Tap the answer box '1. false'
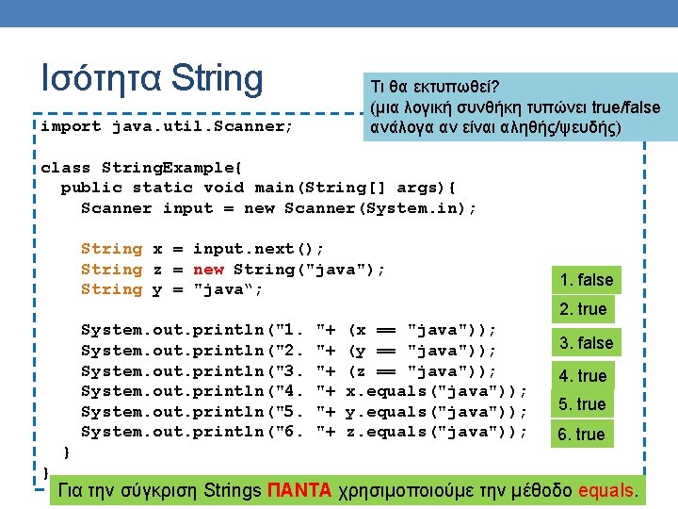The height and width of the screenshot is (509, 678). [586, 280]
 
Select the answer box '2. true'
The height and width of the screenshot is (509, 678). [584, 309]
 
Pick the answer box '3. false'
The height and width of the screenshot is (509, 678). [586, 343]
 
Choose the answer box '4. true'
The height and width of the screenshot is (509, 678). [583, 376]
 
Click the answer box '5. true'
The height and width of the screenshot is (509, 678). [582, 404]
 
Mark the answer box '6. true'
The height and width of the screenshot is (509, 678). [582, 435]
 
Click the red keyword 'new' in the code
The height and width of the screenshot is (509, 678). [208, 269]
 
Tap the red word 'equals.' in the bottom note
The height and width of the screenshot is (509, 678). [610, 490]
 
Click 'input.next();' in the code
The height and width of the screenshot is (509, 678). [258, 249]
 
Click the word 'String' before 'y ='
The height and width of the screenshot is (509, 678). [111, 289]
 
